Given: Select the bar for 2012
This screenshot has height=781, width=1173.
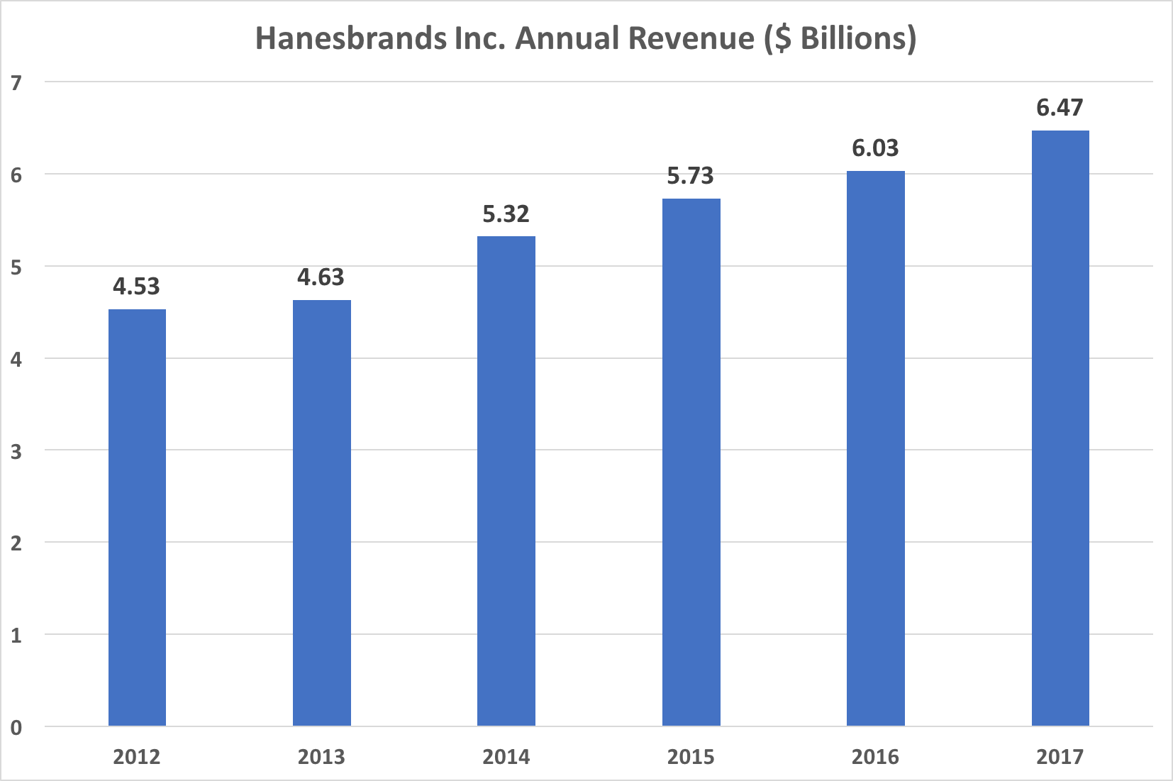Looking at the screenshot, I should pos(137,518).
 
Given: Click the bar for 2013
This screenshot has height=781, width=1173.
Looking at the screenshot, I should pos(321,513).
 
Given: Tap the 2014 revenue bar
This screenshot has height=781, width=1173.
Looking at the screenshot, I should pos(506,481).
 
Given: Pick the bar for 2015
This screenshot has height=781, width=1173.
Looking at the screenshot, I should pos(691,462).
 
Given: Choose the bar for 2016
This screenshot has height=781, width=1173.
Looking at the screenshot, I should pos(875,448).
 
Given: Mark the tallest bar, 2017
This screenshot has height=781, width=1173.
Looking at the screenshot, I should pos(1060,428).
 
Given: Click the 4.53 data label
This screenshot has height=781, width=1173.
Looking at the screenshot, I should pos(137,287).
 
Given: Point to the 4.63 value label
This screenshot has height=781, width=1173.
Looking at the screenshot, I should pos(321,277).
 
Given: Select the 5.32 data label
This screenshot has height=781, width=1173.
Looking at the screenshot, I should pos(506,214).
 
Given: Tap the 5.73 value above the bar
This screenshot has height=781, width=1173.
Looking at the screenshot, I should pos(690,176).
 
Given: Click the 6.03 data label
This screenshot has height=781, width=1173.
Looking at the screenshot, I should pos(875,148).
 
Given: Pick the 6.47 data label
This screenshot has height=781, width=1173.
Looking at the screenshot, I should pos(1060,108).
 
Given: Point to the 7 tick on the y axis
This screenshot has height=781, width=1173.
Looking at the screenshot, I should pos(16,83).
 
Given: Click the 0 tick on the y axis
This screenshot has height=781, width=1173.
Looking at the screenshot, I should pos(16,727).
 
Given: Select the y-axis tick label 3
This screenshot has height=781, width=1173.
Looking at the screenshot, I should pos(16,451).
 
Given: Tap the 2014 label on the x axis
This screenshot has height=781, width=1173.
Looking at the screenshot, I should pos(506,757).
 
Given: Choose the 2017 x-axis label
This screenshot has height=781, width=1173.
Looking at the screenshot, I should pos(1060,757).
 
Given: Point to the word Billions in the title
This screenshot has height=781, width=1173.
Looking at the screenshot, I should pos(853,38).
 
